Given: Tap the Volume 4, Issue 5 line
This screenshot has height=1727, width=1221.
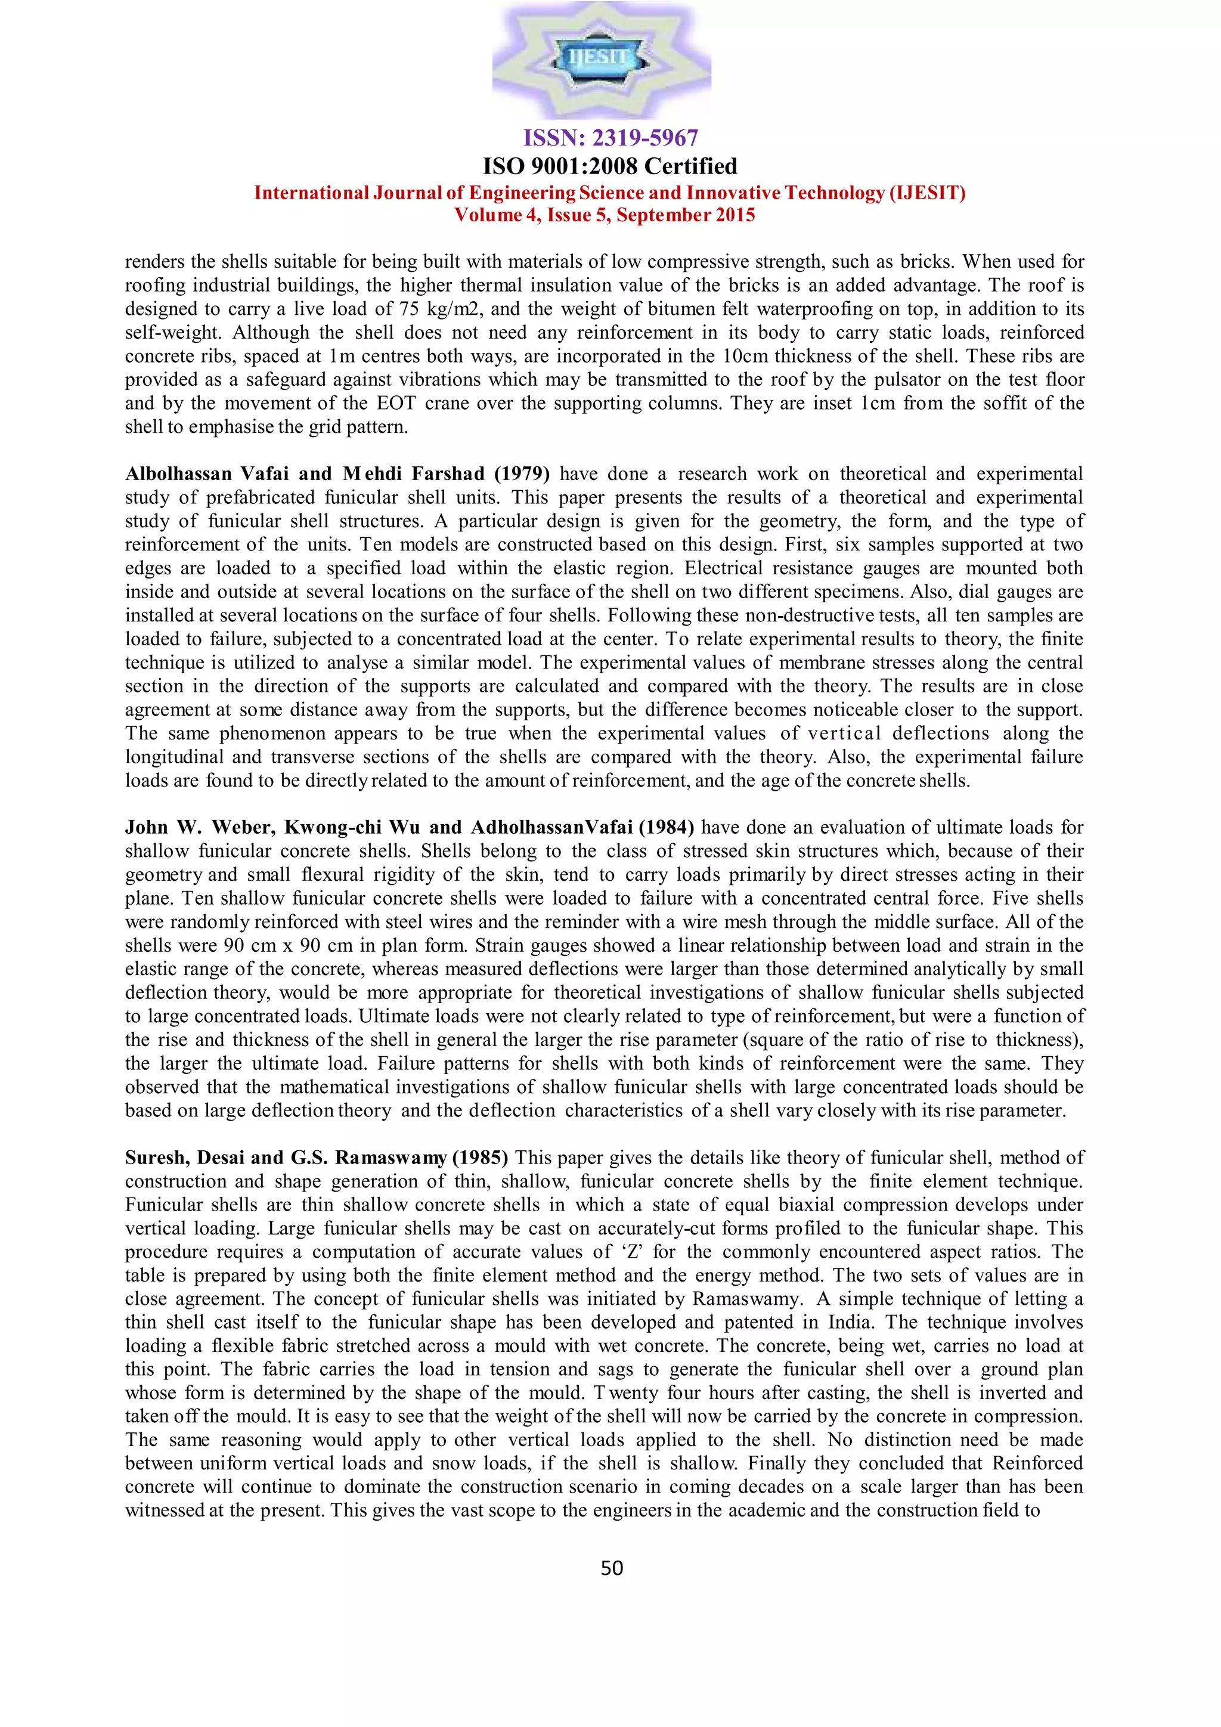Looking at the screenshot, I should (605, 215).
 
